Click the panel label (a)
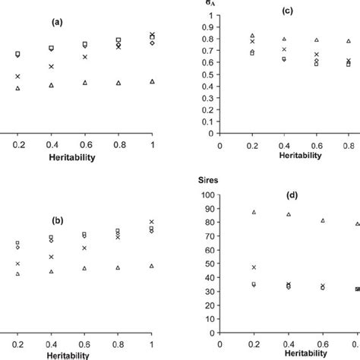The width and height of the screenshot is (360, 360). click(x=56, y=22)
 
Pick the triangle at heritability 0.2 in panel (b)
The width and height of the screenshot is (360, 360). click(x=17, y=273)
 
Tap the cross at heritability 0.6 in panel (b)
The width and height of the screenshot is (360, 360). click(x=85, y=248)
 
